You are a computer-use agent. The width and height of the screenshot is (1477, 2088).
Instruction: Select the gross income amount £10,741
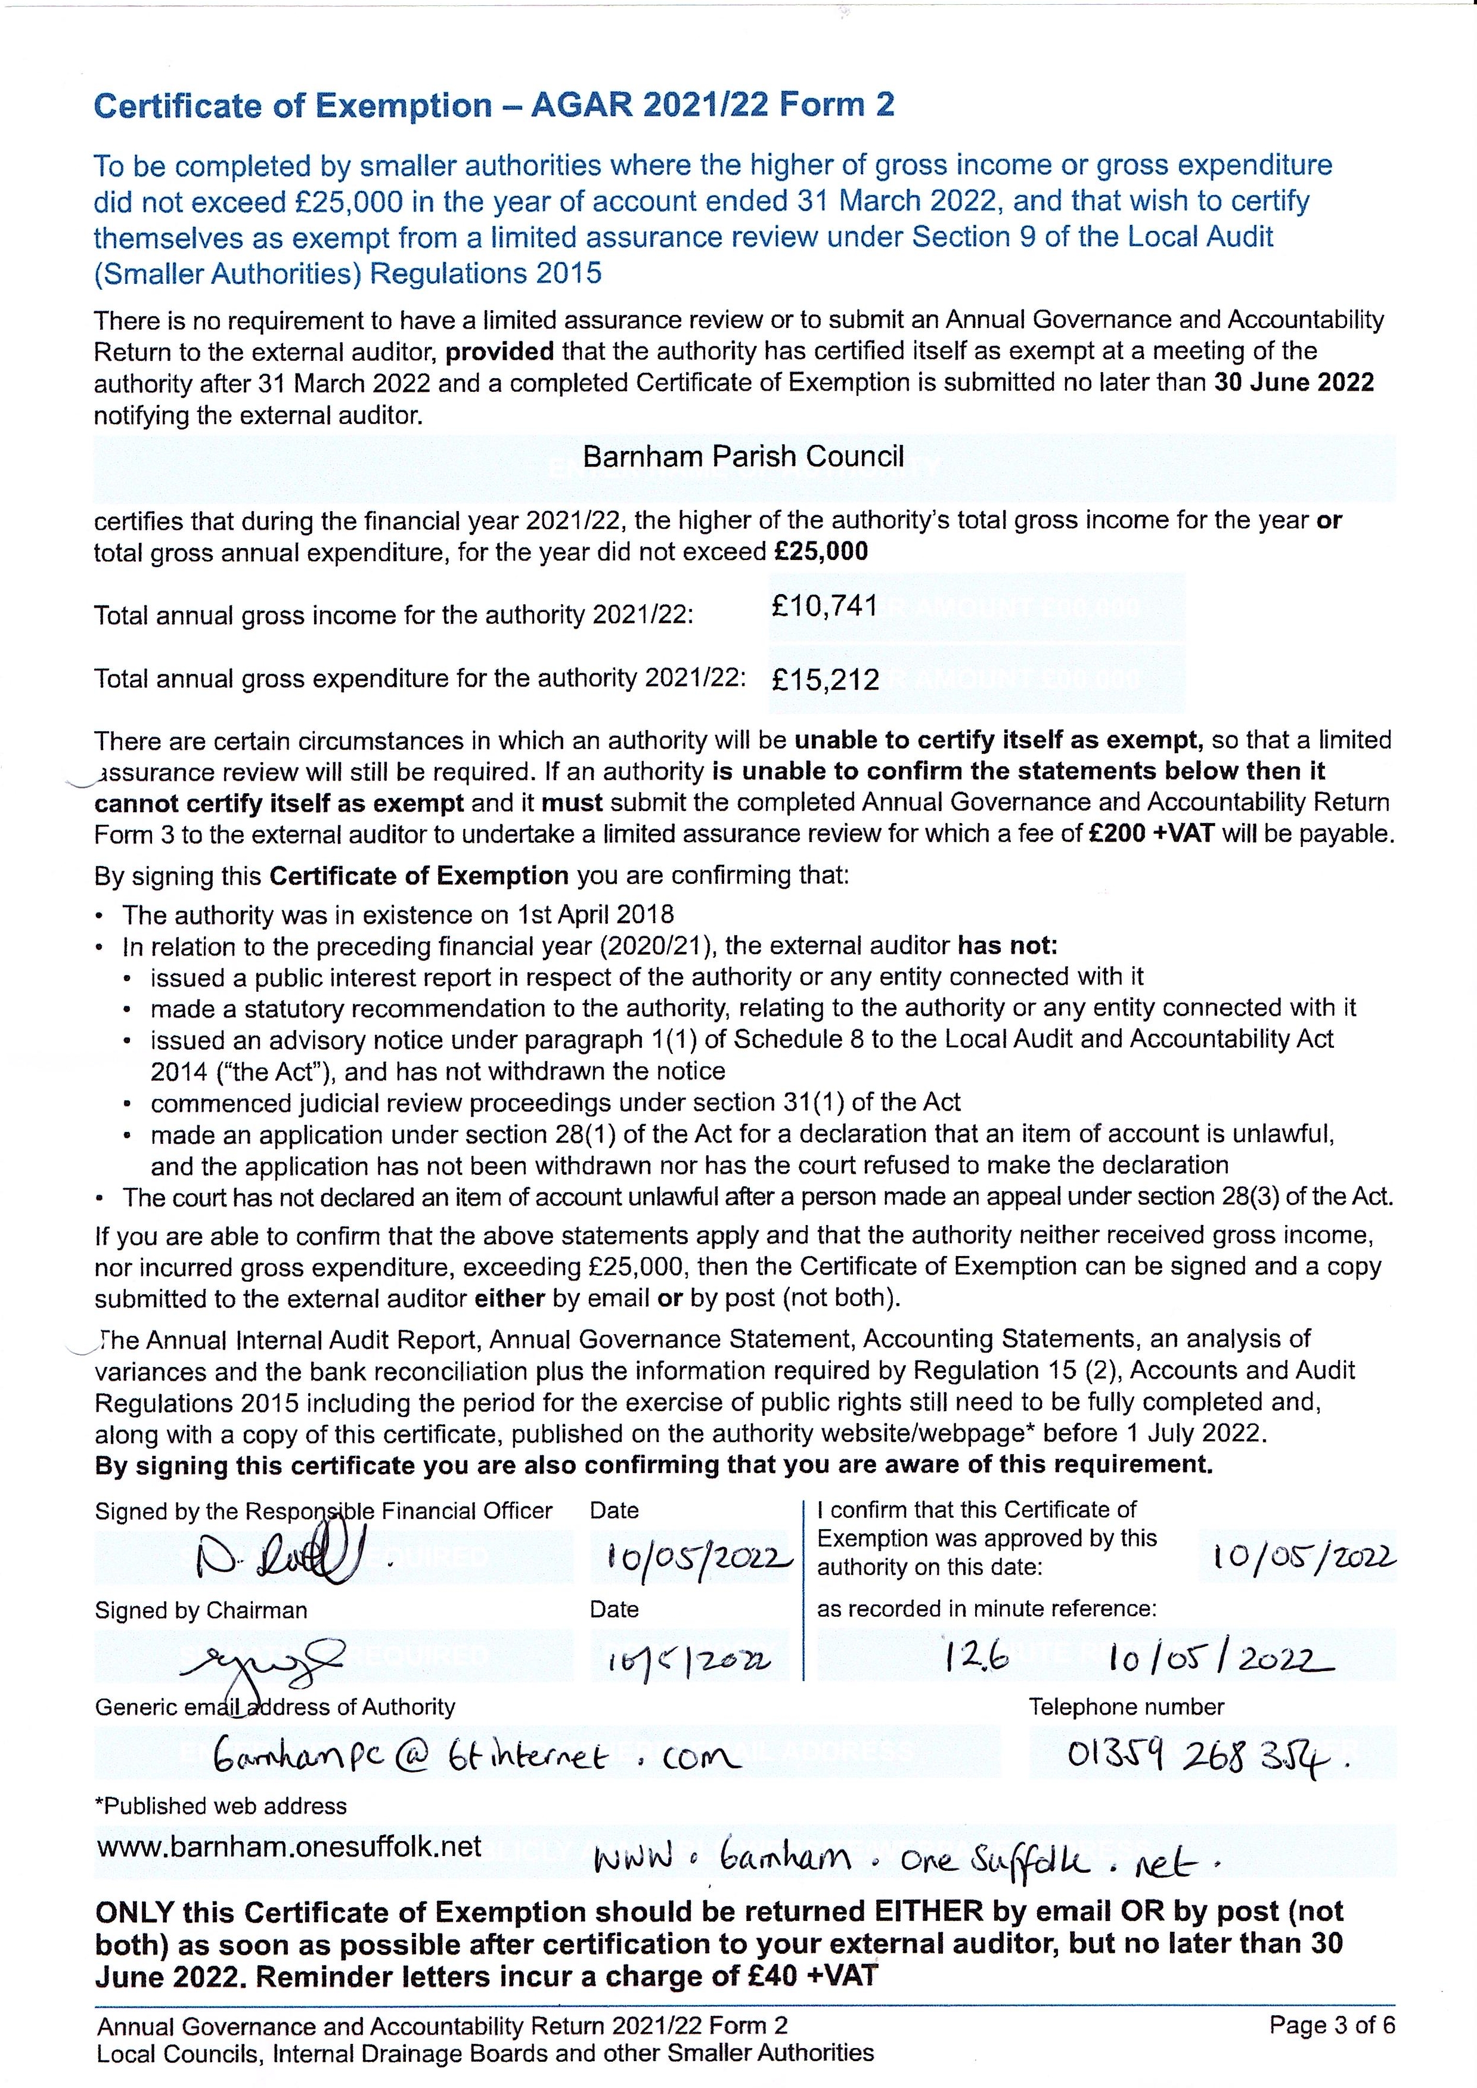coord(824,606)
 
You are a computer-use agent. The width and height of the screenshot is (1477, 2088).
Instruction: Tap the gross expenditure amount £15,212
coord(825,680)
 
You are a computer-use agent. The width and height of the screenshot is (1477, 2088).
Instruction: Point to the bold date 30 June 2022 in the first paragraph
coord(1293,382)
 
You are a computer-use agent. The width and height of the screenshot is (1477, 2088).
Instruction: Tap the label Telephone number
coord(1126,1707)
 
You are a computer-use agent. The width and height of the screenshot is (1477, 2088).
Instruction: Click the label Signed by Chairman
coord(201,1610)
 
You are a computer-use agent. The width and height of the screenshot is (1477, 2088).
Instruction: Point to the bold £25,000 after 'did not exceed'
coord(820,551)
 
